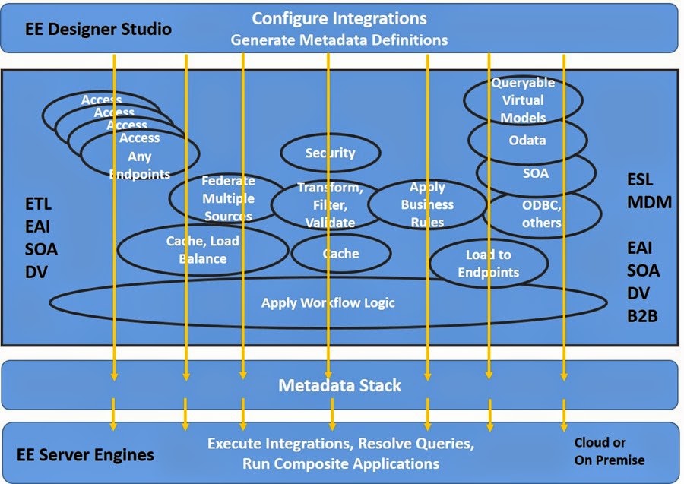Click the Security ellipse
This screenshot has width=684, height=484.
(330, 153)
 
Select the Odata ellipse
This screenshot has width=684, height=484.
(527, 140)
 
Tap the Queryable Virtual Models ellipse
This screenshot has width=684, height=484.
(523, 100)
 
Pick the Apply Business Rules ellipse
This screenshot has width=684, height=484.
(427, 204)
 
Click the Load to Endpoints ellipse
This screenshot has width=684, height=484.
(488, 264)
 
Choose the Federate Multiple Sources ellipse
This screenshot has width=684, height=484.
(228, 198)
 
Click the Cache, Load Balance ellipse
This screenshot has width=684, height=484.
(202, 250)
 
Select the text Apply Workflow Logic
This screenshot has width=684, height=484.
(328, 303)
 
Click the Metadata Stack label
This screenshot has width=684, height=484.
(340, 385)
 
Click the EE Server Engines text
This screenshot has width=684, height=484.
(85, 455)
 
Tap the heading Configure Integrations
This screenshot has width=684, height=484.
(339, 18)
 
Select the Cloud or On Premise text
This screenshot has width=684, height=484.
(609, 451)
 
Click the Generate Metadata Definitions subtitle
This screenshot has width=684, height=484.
(339, 40)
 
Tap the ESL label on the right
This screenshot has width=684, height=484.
(640, 182)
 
